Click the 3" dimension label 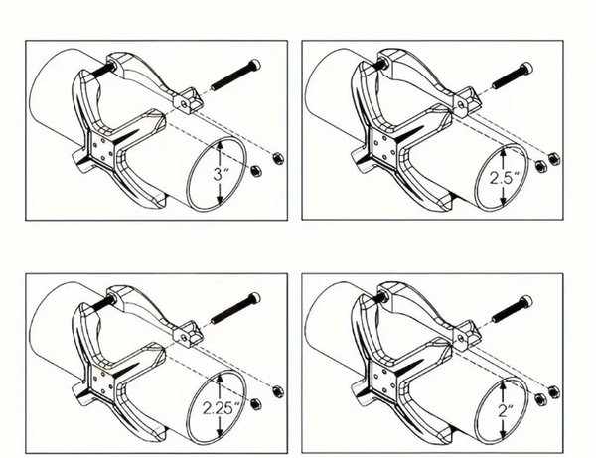222,175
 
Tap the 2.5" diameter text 504,178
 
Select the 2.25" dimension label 223,408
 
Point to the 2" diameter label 506,411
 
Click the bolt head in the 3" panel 255,65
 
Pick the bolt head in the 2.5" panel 527,68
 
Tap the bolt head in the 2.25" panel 255,298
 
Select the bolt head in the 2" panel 526,301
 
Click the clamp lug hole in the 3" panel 183,103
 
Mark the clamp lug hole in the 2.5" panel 461,103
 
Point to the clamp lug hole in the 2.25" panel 183,337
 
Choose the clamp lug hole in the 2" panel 461,337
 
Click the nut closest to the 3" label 256,171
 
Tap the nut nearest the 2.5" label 539,165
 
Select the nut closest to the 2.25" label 256,404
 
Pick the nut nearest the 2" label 539,398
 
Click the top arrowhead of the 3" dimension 220,145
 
